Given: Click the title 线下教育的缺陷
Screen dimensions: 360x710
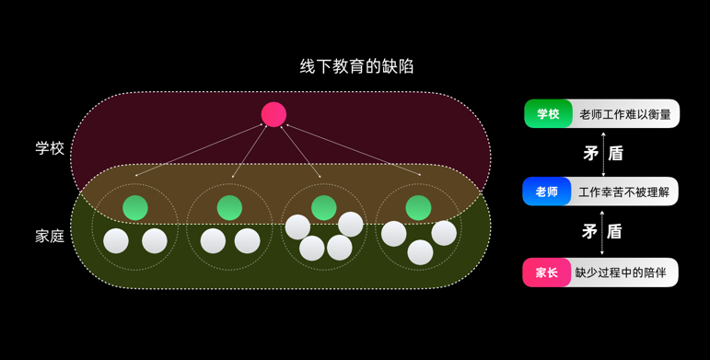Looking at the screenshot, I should pyautogui.click(x=356, y=66).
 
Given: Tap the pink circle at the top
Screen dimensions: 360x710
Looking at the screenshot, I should pyautogui.click(x=274, y=114).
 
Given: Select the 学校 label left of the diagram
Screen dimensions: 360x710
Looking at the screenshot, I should pyautogui.click(x=50, y=147).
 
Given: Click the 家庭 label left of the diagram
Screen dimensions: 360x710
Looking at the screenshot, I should pyautogui.click(x=50, y=236).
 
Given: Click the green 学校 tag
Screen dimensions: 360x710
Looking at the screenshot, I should pyautogui.click(x=548, y=114).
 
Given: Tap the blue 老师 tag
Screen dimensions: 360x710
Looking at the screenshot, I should pyautogui.click(x=547, y=192).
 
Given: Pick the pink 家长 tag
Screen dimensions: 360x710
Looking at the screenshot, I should pyautogui.click(x=546, y=273).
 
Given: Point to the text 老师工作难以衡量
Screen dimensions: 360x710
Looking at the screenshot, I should pyautogui.click(x=625, y=114).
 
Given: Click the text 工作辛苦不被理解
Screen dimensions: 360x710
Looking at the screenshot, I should pyautogui.click(x=624, y=192).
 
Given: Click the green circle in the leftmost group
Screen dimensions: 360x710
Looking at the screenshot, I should pyautogui.click(x=135, y=208).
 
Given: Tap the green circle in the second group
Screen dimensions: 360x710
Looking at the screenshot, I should pyautogui.click(x=229, y=208).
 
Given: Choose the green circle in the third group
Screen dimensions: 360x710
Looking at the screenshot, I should pyautogui.click(x=323, y=208).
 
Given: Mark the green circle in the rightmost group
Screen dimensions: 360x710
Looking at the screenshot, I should pyautogui.click(x=418, y=208).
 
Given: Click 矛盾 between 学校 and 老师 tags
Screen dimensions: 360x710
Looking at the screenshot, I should pyautogui.click(x=603, y=153).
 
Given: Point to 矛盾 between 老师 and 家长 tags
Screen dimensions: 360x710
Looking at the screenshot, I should pyautogui.click(x=602, y=231).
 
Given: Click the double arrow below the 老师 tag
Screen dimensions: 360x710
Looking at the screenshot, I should pyautogui.click(x=602, y=231).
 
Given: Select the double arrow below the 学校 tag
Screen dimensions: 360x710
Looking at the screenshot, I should pyautogui.click(x=603, y=153).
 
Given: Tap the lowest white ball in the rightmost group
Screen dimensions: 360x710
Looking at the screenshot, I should pyautogui.click(x=420, y=252).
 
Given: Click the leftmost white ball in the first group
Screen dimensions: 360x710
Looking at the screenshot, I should pyautogui.click(x=116, y=241).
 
